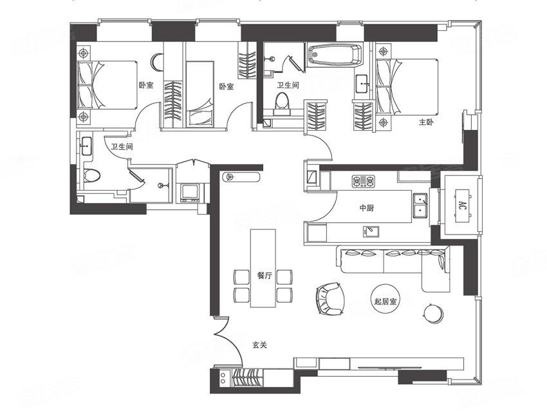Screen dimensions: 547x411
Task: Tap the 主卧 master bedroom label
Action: pyautogui.click(x=426, y=122)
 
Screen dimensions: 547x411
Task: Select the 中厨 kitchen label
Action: pyautogui.click(x=367, y=208)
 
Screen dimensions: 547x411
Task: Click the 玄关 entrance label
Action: pyautogui.click(x=259, y=345)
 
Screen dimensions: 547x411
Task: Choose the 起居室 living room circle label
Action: pyautogui.click(x=385, y=301)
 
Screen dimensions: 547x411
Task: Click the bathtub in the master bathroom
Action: pyautogui.click(x=335, y=55)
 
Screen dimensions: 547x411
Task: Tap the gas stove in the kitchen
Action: pyautogui.click(x=363, y=181)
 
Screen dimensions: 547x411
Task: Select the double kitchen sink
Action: pyautogui.click(x=422, y=205)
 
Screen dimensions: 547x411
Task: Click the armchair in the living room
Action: pyautogui.click(x=331, y=298)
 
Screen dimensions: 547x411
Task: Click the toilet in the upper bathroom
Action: pyautogui.click(x=283, y=103)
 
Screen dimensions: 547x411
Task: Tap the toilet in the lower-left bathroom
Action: pyautogui.click(x=92, y=176)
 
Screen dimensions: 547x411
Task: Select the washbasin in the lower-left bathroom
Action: pyautogui.click(x=86, y=146)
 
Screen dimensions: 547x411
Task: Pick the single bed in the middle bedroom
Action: pyautogui.click(x=199, y=93)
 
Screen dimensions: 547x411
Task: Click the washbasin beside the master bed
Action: pyautogui.click(x=364, y=84)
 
